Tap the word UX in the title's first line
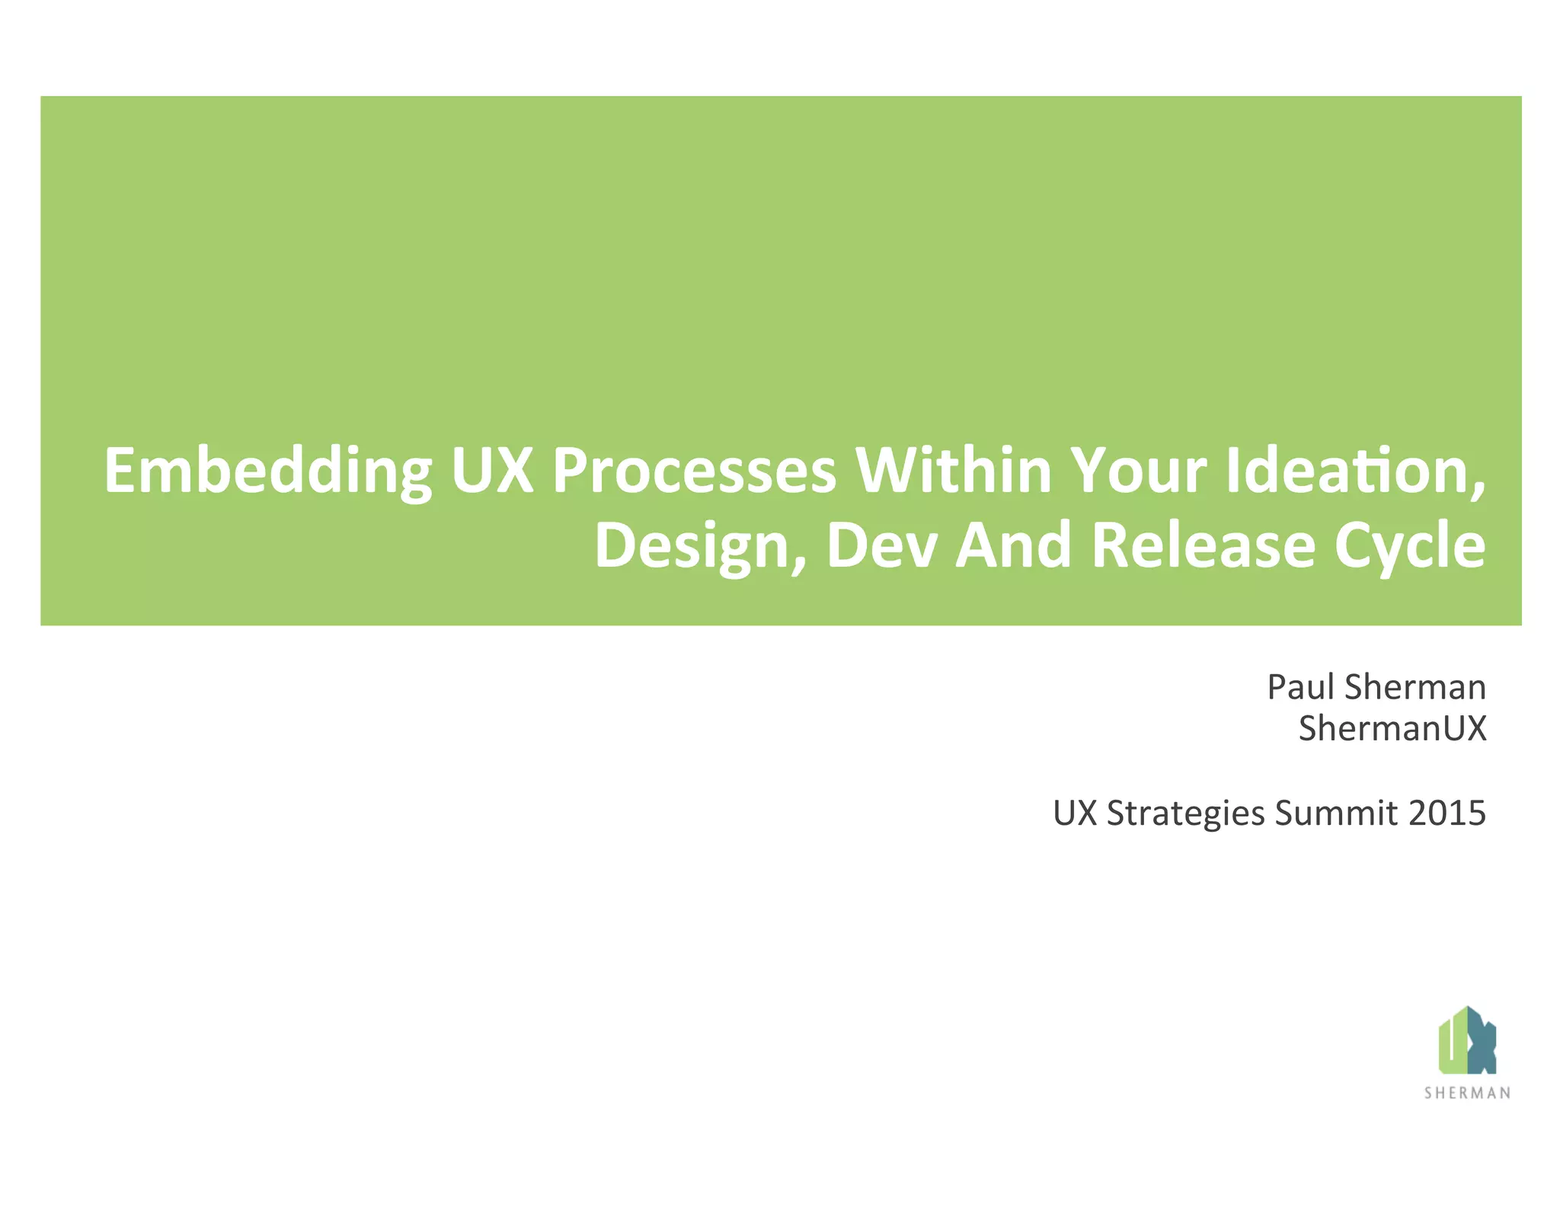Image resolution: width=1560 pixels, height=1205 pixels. click(492, 471)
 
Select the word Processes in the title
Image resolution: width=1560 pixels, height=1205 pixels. click(694, 471)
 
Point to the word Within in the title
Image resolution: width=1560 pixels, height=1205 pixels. click(953, 471)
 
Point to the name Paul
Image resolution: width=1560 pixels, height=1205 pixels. click(1300, 687)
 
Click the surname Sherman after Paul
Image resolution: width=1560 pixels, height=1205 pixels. click(1415, 687)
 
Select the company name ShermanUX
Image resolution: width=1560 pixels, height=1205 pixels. click(1392, 728)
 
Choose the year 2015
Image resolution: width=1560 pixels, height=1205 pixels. click(1447, 813)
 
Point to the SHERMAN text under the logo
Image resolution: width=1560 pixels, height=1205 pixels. click(1467, 1093)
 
